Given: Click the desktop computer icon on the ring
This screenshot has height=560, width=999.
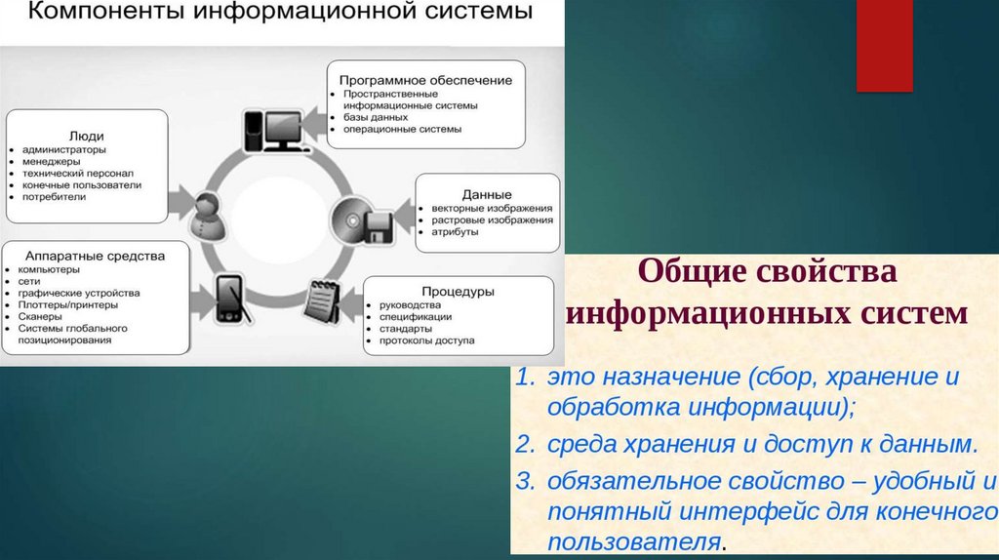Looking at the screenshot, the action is [x=272, y=130].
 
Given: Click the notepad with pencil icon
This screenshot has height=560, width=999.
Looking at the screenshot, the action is [x=321, y=300].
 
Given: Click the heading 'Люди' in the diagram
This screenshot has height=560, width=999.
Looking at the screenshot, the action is [x=87, y=136].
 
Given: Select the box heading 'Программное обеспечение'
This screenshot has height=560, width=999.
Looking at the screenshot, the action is [x=425, y=77].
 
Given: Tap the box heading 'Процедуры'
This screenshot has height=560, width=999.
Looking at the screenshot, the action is [x=459, y=291].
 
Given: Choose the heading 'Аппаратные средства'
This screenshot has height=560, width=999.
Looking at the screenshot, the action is [x=96, y=255].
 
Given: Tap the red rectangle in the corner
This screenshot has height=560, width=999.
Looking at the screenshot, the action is [x=884, y=45].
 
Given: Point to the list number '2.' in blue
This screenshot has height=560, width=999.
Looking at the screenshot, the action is [x=526, y=446].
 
